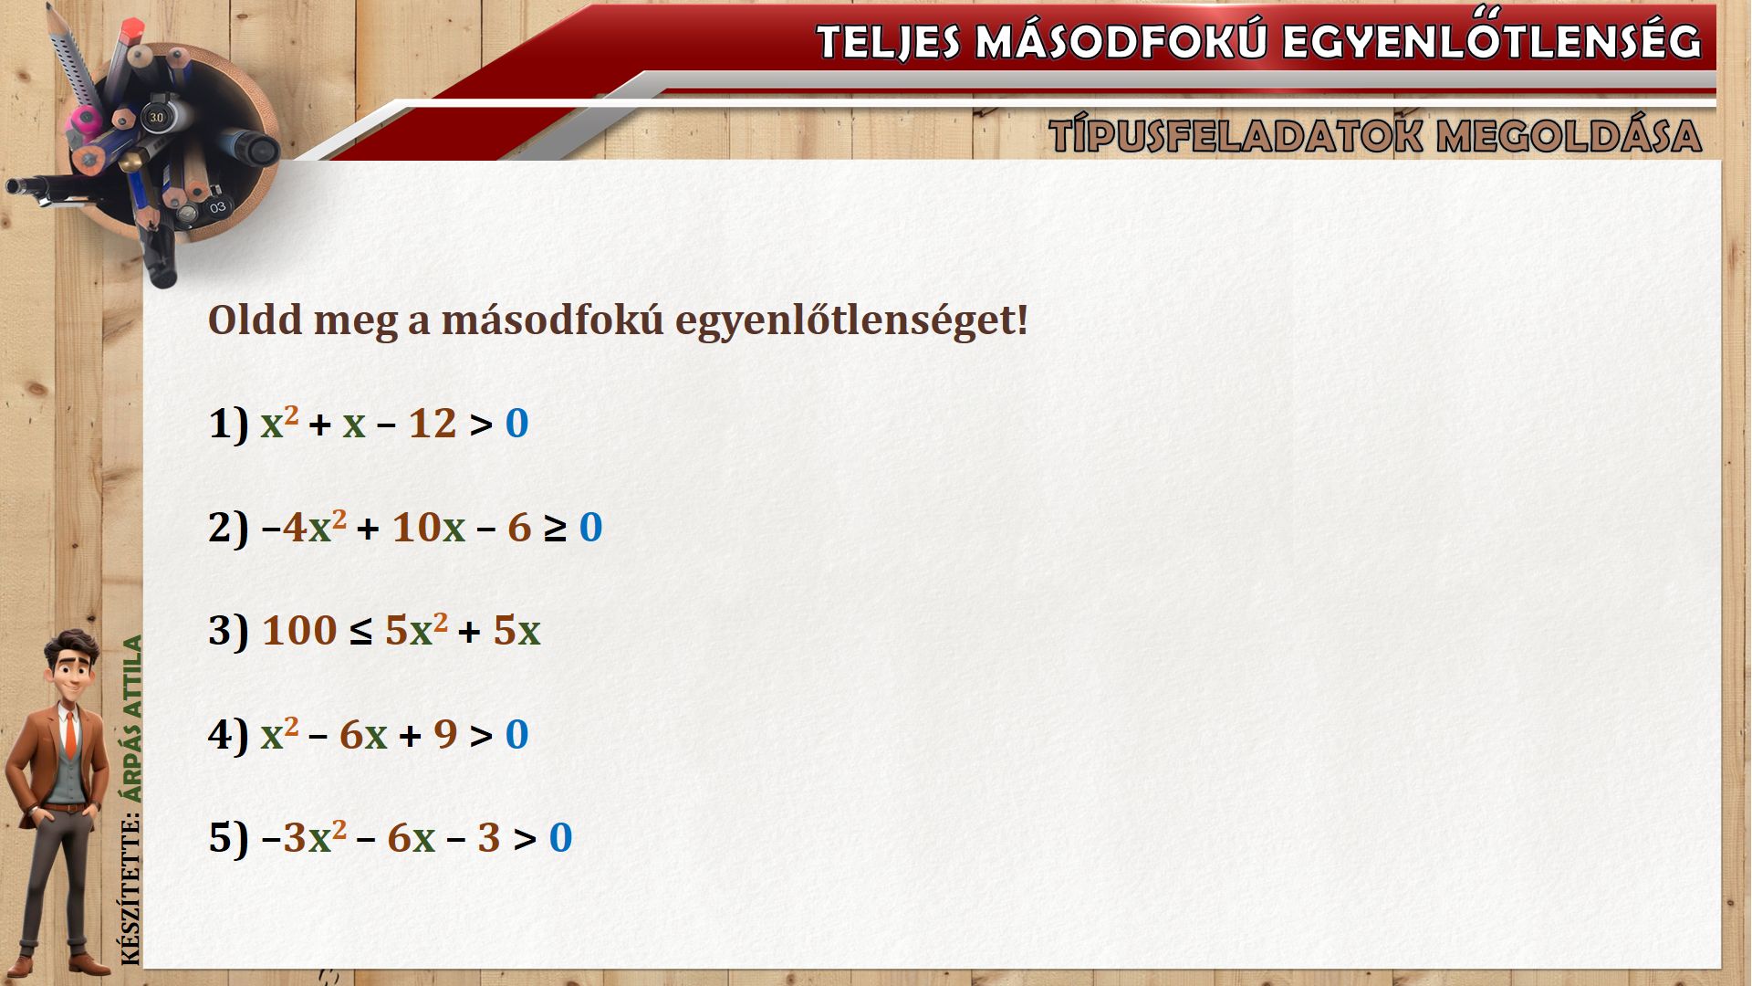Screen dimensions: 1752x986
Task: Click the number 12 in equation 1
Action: tap(433, 424)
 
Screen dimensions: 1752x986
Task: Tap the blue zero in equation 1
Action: tap(517, 424)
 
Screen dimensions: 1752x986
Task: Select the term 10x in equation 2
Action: tap(429, 528)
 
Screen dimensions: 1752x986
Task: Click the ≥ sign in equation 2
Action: tap(555, 529)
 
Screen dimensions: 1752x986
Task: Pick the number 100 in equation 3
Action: tap(299, 631)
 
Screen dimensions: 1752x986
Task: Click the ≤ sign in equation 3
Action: tap(360, 632)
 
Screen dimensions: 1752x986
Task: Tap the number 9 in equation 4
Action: tap(445, 735)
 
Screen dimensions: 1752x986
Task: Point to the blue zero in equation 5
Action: tap(561, 838)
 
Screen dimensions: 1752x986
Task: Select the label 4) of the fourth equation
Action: tap(228, 735)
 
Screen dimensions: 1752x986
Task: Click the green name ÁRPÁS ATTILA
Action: tap(133, 719)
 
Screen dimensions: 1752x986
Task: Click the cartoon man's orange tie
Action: tap(70, 734)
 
